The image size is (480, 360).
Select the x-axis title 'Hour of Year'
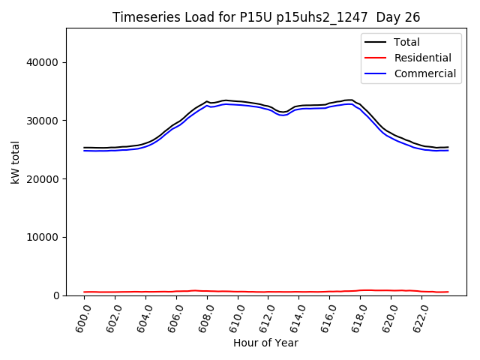(265, 343)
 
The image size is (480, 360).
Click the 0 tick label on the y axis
(57, 296)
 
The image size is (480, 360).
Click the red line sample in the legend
(376, 58)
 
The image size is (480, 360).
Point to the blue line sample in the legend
(376, 73)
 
